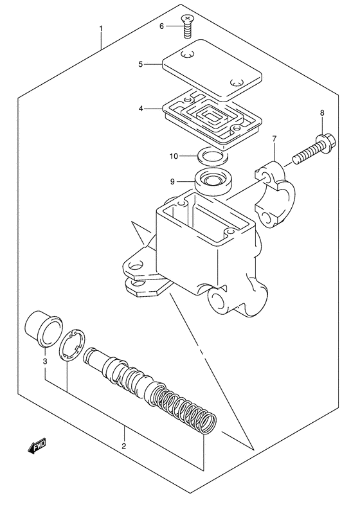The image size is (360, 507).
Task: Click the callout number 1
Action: [100, 30]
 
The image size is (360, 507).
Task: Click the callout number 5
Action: [140, 64]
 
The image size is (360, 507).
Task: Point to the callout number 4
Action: [140, 109]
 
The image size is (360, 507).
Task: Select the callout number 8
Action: [322, 114]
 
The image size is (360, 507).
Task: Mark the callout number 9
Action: [173, 182]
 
